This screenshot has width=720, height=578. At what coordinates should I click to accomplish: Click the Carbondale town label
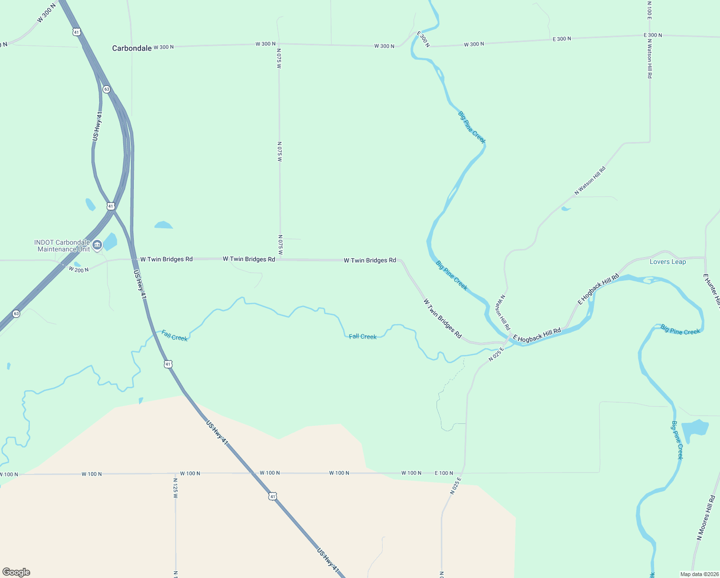[x=132, y=48]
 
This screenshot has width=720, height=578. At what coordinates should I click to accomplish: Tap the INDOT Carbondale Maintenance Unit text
[x=63, y=246]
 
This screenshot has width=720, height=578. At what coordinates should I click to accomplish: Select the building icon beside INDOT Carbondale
[x=97, y=245]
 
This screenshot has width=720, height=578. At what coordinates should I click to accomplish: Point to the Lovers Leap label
[x=668, y=262]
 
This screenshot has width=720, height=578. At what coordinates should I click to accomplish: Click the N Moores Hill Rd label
[x=706, y=517]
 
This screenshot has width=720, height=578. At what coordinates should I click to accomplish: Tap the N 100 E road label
[x=649, y=10]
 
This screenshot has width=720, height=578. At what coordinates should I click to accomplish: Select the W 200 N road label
[x=78, y=269]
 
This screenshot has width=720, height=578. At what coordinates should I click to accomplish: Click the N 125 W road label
[x=175, y=488]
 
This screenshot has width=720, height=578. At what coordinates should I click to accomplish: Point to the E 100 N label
[x=444, y=473]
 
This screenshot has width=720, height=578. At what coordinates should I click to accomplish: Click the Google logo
[x=16, y=572]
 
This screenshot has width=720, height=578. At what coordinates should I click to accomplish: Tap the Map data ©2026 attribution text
[x=698, y=574]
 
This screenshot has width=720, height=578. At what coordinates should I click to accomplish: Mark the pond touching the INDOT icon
[x=110, y=241]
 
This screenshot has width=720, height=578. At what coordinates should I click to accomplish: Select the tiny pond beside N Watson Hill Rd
[x=566, y=209]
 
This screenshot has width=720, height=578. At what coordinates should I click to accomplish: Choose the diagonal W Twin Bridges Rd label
[x=442, y=318]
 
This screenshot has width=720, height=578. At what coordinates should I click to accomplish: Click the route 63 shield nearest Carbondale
[x=106, y=90]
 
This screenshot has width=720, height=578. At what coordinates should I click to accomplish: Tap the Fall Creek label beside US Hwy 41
[x=174, y=336]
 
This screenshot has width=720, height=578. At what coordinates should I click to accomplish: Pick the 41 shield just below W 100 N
[x=273, y=496]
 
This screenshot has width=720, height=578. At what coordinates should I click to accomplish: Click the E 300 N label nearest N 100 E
[x=653, y=35]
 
